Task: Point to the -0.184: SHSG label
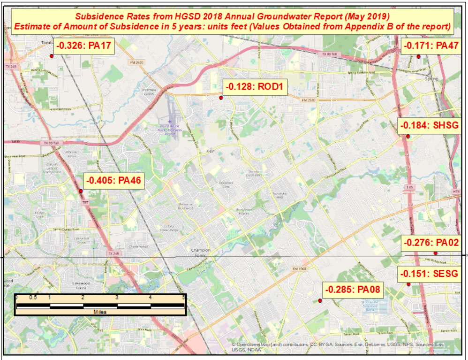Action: point(428,126)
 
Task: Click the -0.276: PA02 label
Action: point(430,243)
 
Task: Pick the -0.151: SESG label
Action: point(428,274)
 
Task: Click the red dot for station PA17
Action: point(51,55)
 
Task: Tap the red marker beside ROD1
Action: point(221,98)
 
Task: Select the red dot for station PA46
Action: point(81,191)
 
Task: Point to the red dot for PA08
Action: point(320,300)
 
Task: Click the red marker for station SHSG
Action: point(408,137)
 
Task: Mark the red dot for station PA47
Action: point(418,56)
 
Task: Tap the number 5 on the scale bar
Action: point(183,298)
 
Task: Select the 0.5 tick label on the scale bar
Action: point(33,298)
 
